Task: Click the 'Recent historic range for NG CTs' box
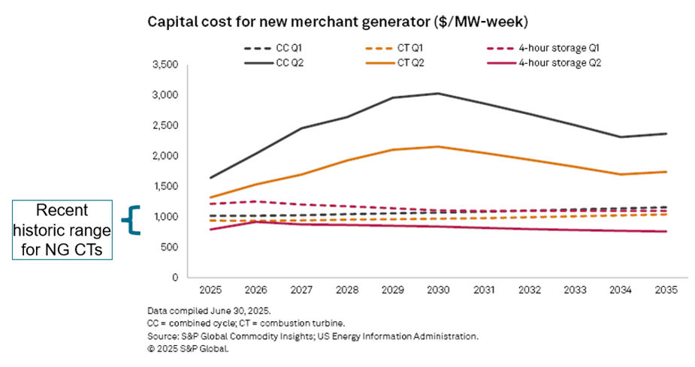pyautogui.click(x=62, y=230)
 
